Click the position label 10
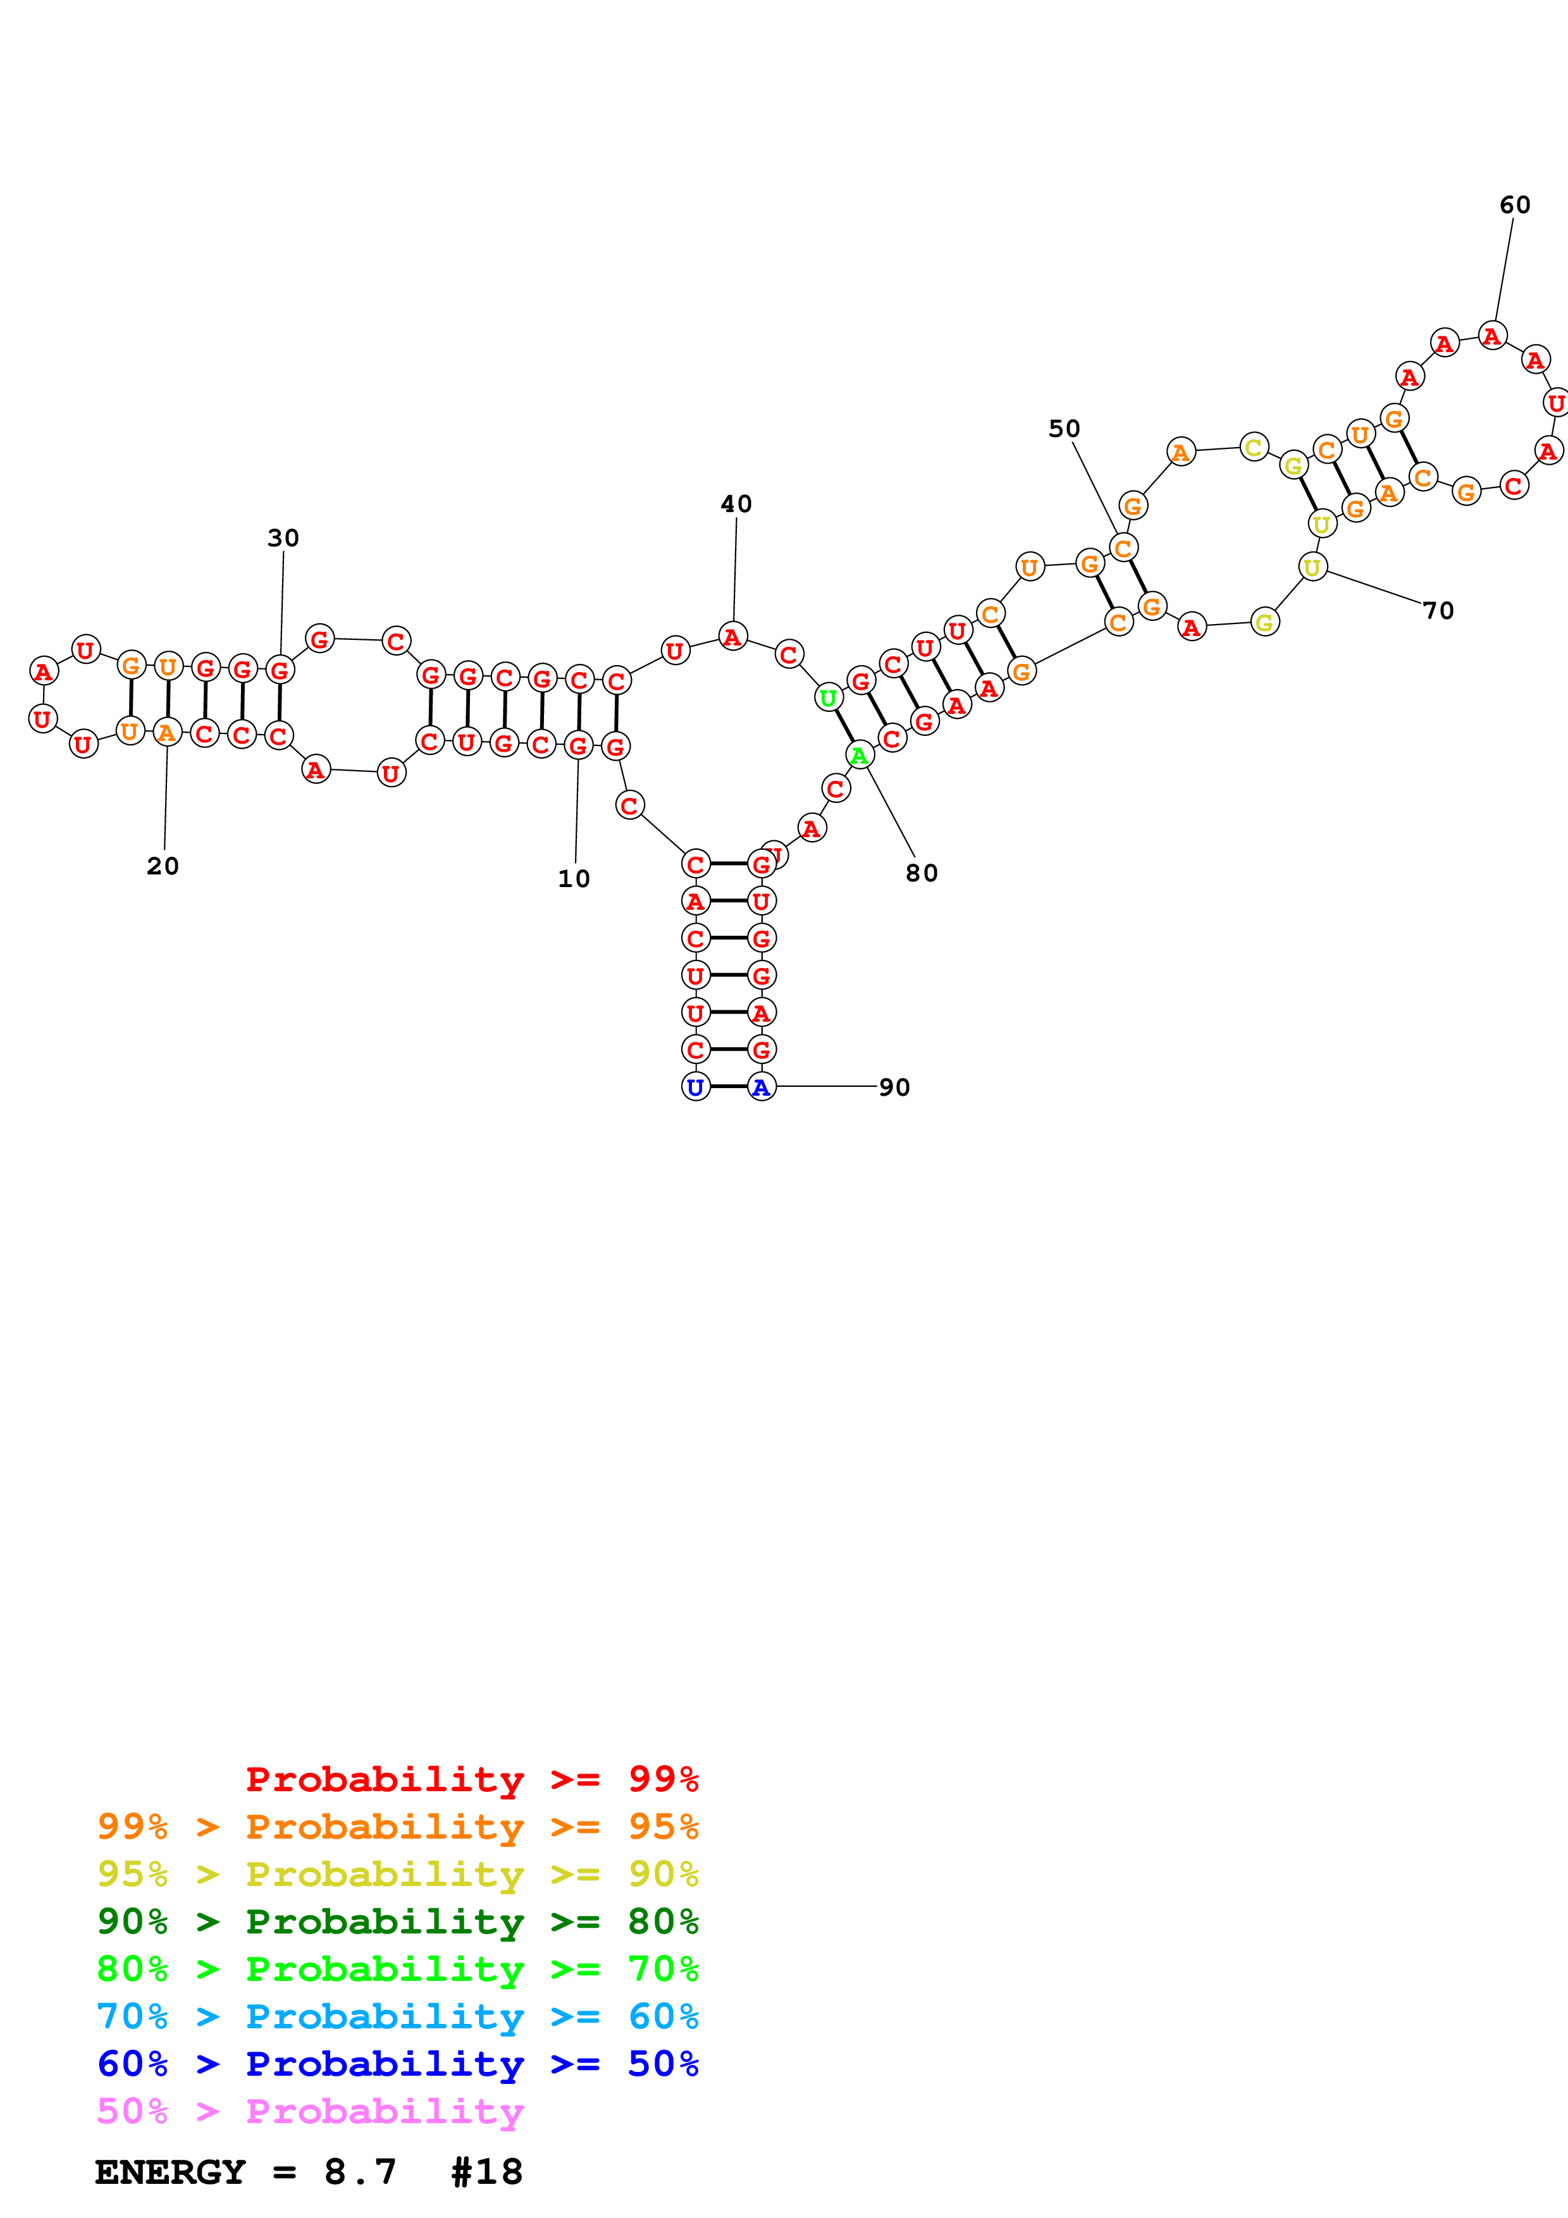click(574, 878)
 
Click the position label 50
click(1064, 428)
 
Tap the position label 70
click(1438, 611)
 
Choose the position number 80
click(922, 873)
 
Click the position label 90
click(894, 1088)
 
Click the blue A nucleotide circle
click(762, 1087)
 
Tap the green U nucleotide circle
click(828, 697)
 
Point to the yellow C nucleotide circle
click(1253, 447)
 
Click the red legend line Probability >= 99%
click(471, 1779)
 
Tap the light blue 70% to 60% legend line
click(397, 2016)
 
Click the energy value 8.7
click(361, 2172)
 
